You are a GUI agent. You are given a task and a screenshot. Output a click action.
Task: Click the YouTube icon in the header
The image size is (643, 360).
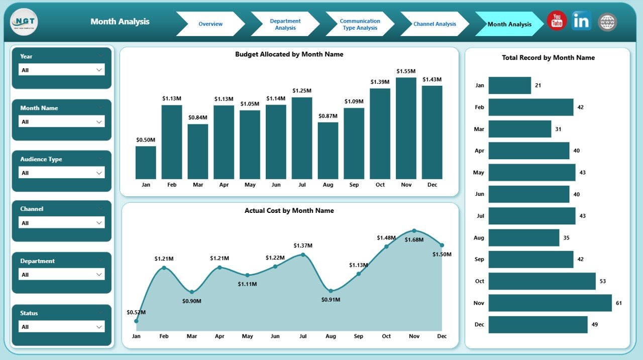coord(557,21)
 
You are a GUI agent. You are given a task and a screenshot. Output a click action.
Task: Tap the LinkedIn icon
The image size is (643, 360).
coord(581,21)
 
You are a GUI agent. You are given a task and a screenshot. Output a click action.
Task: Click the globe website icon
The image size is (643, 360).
coord(607,22)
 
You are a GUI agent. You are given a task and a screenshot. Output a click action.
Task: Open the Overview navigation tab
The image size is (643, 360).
coord(210,24)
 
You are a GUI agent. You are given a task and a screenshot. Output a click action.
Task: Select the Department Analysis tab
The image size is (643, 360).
coord(285,24)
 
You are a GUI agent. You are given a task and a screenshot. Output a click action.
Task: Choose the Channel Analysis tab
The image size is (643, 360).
coord(435,24)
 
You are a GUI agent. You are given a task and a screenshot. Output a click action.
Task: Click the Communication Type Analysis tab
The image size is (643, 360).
coord(360,24)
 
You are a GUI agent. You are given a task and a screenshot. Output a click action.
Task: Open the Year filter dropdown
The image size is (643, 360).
coord(62,70)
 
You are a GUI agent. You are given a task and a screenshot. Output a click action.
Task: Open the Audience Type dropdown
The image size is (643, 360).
coord(62,173)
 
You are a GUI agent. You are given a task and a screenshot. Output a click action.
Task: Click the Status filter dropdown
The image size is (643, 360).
coord(62,327)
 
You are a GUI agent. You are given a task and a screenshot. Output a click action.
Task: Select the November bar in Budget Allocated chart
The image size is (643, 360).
coord(406,129)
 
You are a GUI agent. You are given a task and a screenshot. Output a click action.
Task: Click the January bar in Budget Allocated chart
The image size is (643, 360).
coord(146,163)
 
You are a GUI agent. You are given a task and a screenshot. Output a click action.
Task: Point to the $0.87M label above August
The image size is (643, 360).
coord(328,116)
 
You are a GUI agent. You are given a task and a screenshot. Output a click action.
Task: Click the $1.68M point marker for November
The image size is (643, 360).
coord(414,230)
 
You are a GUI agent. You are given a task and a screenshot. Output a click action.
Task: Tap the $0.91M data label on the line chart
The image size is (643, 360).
coord(331,300)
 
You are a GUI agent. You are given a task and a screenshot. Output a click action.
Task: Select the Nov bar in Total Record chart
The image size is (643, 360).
coord(550,303)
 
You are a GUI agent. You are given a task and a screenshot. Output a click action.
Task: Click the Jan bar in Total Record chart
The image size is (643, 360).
coord(509,85)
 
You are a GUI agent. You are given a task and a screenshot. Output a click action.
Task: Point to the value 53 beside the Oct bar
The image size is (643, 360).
coord(603,281)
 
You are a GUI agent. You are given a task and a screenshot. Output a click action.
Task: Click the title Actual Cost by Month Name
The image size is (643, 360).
coord(289,211)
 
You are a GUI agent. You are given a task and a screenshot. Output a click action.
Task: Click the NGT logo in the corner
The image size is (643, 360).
coord(24,23)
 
